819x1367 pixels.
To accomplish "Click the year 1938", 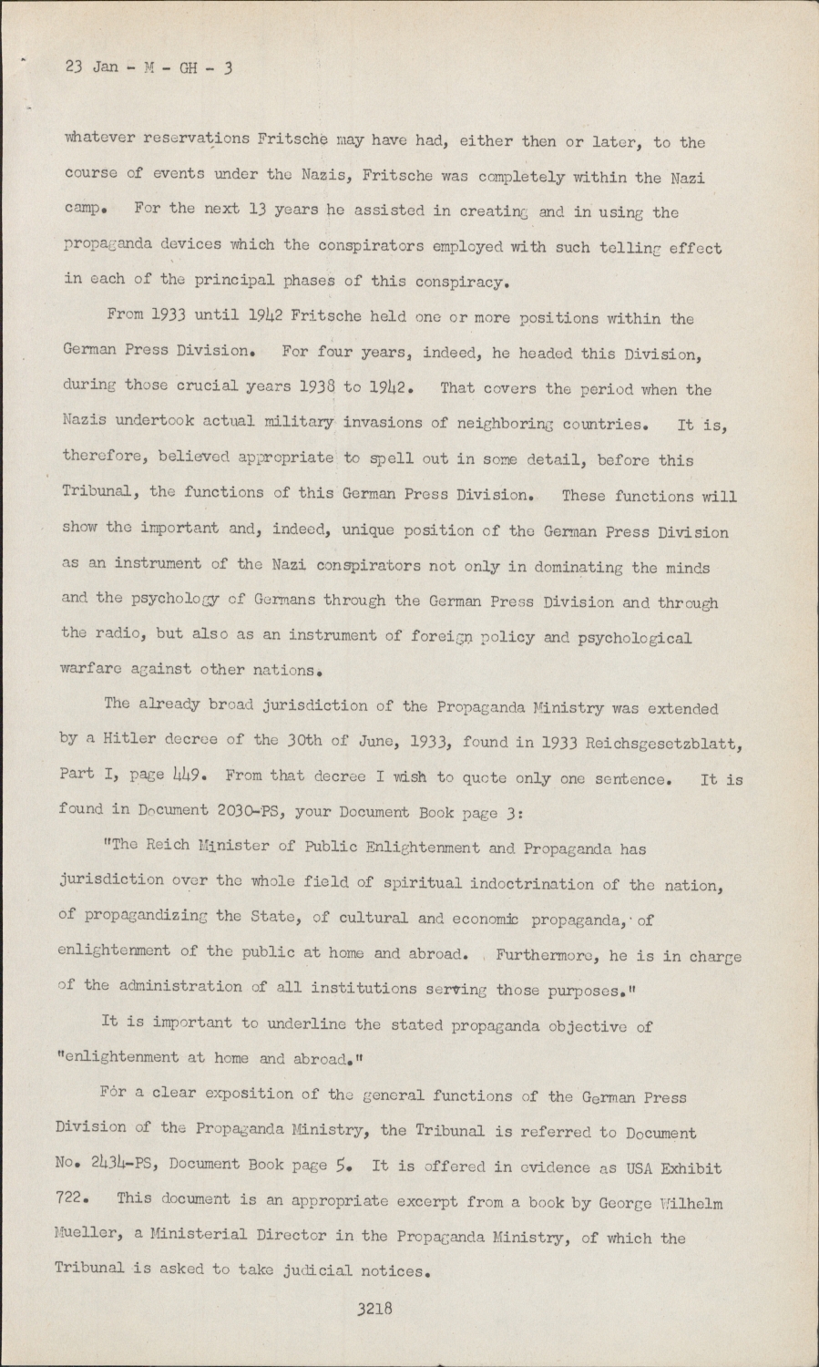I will click(x=312, y=387).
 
